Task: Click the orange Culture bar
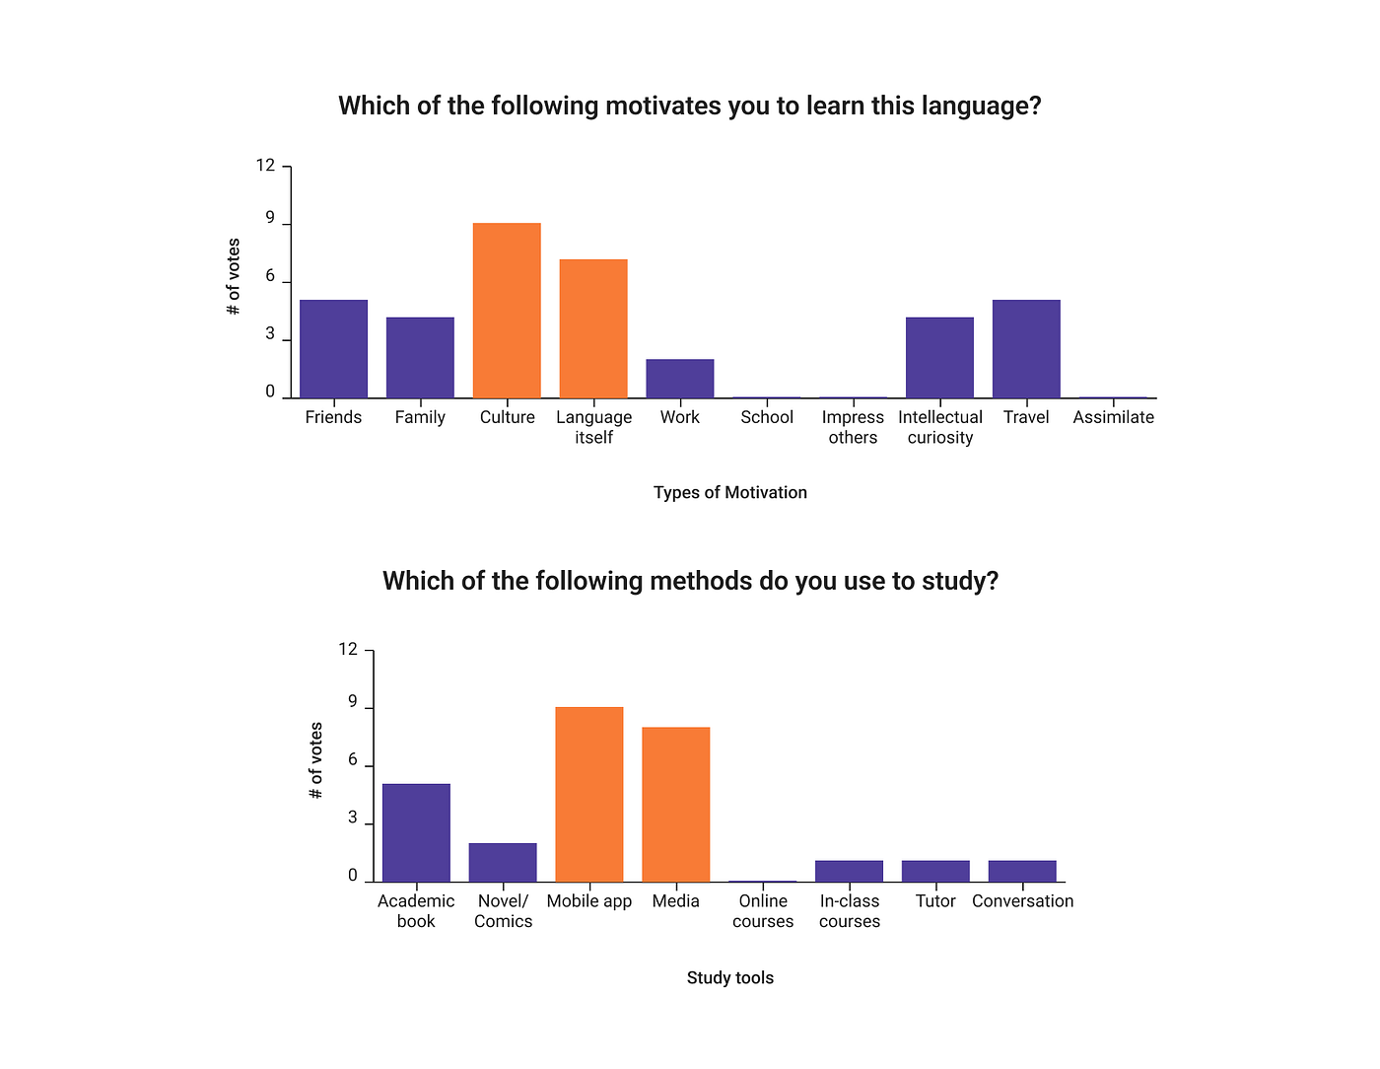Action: point(507,311)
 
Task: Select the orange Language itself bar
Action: point(593,328)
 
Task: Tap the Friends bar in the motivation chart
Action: point(333,349)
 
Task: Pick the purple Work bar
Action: point(680,379)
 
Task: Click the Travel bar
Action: point(1026,349)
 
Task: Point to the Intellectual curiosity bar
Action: point(939,358)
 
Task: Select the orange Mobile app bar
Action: point(589,794)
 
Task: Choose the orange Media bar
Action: point(676,805)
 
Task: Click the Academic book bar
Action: point(416,832)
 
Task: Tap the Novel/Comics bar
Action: point(503,862)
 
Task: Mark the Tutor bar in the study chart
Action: point(935,871)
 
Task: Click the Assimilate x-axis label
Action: point(1113,417)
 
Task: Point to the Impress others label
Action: point(853,427)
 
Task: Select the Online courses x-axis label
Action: point(763,911)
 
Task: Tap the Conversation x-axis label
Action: point(1022,901)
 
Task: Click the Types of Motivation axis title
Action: point(730,492)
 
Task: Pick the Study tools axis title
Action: point(730,977)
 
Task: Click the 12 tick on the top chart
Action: point(266,166)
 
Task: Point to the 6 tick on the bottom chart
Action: point(353,760)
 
